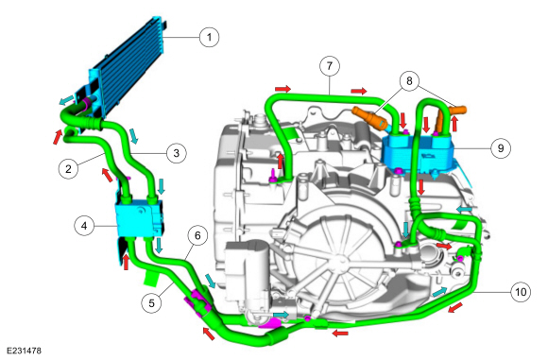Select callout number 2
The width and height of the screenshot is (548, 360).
click(x=67, y=170)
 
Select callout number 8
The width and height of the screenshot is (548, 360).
click(x=409, y=82)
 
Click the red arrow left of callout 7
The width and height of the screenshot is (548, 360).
click(x=283, y=88)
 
